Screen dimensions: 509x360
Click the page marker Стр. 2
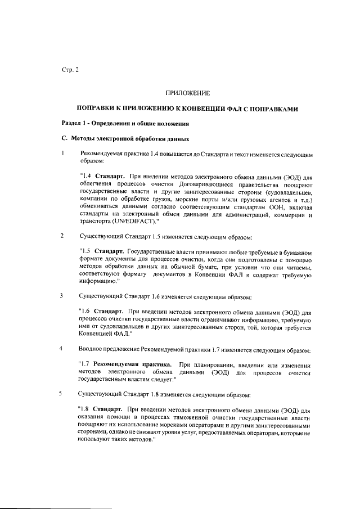tap(70, 70)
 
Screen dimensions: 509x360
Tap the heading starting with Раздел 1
tap(129, 123)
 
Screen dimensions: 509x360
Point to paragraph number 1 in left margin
tap(64, 152)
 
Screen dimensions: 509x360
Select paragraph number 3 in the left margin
tap(63, 295)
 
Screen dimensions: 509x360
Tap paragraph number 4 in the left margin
tap(63, 348)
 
